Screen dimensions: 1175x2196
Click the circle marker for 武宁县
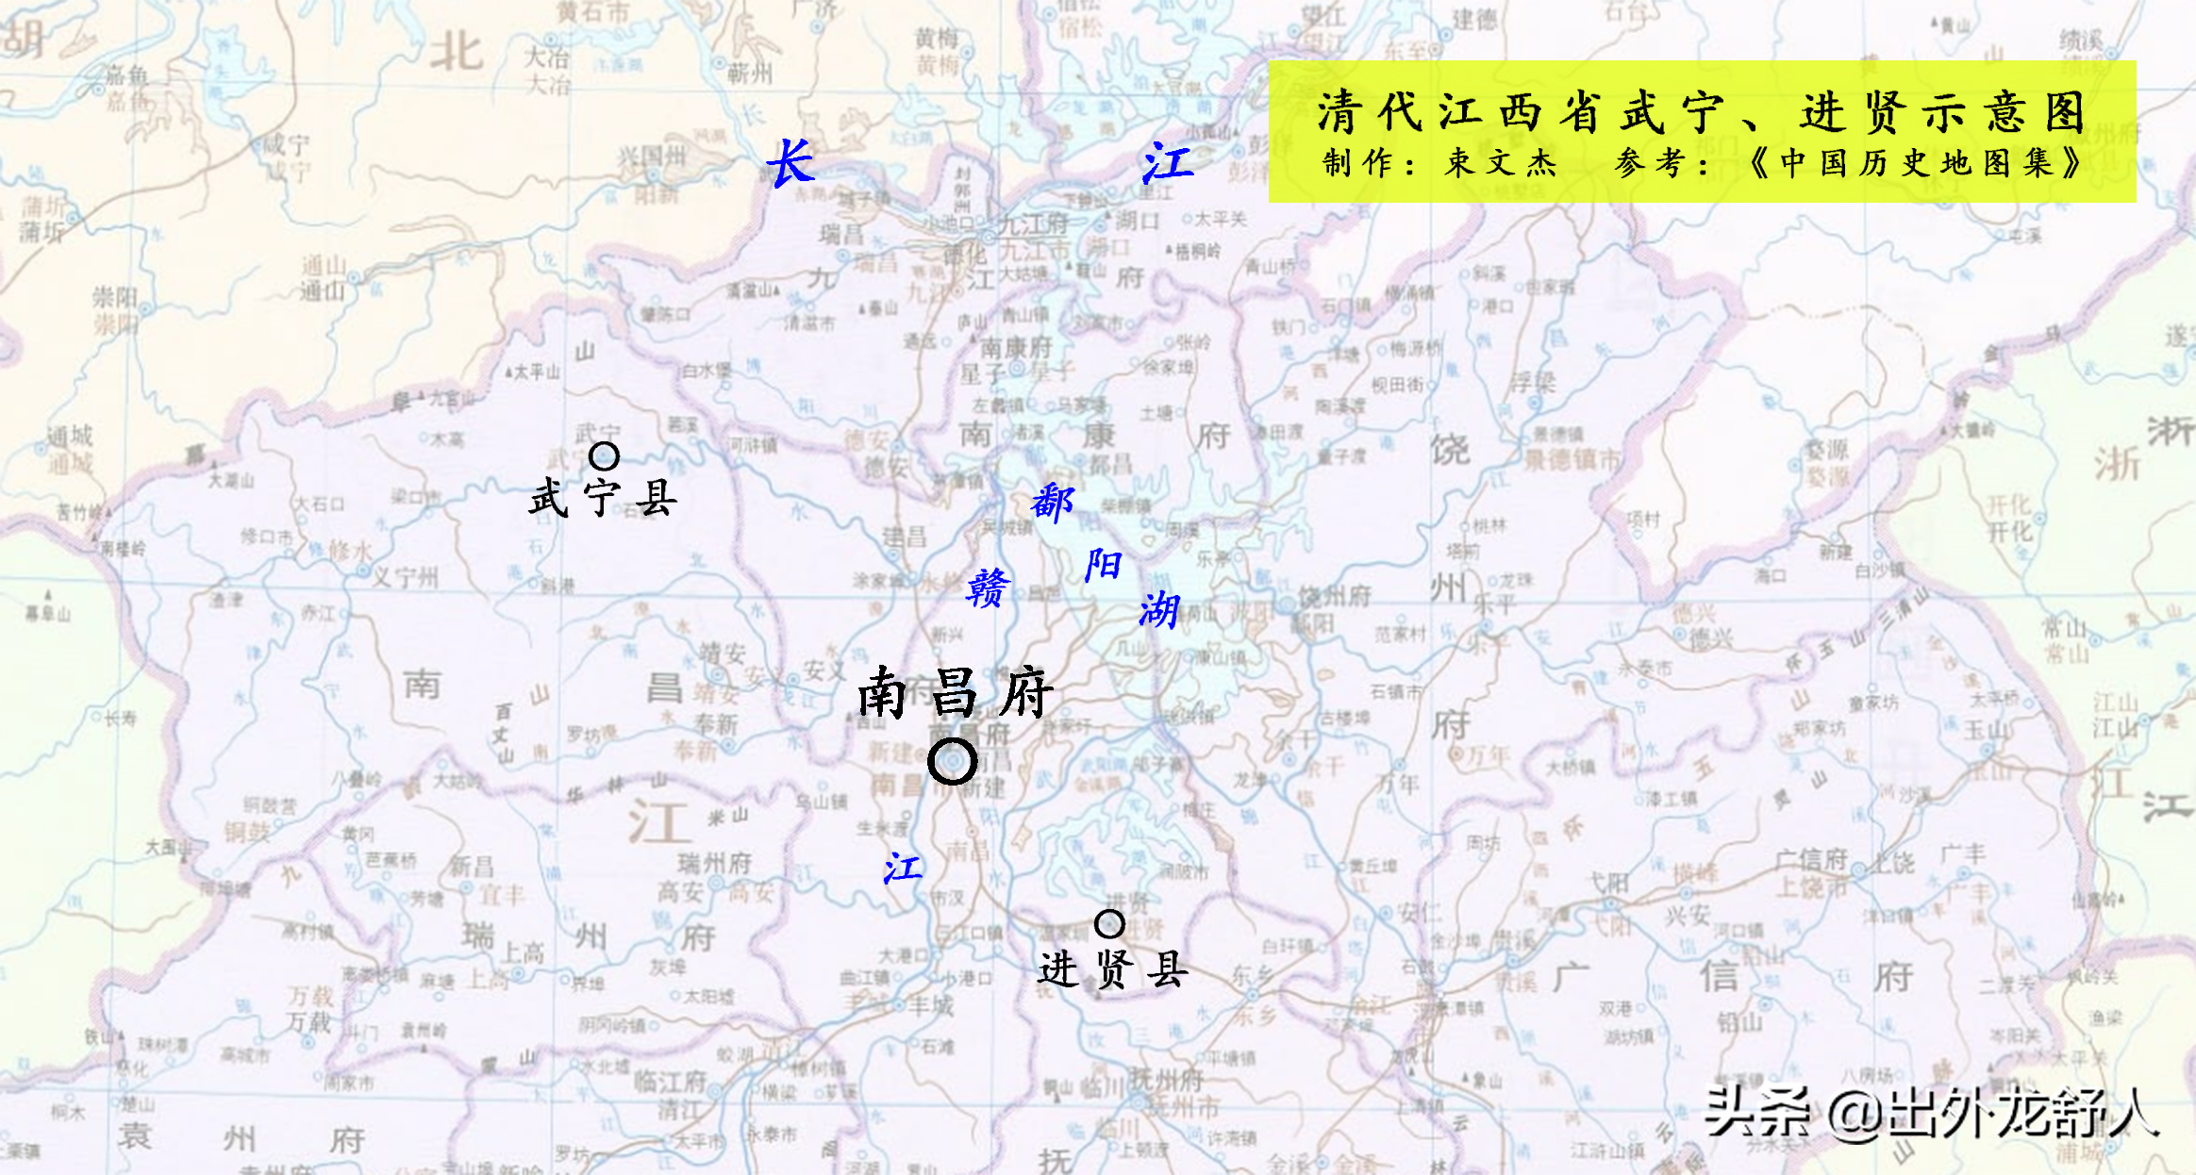coord(604,456)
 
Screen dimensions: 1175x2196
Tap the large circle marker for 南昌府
coord(952,761)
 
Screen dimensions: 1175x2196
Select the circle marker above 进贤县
coord(1109,924)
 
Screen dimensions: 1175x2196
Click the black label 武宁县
coord(603,498)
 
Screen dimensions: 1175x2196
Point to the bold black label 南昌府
coord(954,693)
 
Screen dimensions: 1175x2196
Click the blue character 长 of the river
coord(790,163)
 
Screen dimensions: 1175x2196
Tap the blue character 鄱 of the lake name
coord(1052,503)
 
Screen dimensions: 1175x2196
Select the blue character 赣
coord(988,588)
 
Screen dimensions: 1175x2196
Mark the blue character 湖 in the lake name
coord(1159,611)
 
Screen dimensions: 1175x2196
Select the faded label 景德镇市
coord(1572,459)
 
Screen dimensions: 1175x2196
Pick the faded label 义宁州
coord(406,576)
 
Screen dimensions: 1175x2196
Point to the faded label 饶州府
coord(1335,596)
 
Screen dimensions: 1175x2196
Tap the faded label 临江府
coord(670,1081)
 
